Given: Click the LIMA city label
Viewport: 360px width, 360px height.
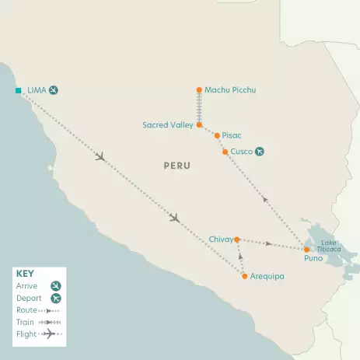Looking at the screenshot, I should click(37, 90).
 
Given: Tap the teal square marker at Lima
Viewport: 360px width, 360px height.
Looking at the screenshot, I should click(18, 91).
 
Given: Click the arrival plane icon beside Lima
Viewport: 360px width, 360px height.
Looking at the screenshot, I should click(54, 90).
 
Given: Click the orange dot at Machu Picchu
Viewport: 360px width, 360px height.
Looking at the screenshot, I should click(199, 90).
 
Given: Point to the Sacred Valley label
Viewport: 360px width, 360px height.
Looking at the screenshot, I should click(167, 124).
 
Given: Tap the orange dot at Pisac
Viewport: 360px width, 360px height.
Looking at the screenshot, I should click(217, 135).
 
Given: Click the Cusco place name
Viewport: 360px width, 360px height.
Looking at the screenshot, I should click(242, 151).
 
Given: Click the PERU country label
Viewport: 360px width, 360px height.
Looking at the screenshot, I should click(177, 166).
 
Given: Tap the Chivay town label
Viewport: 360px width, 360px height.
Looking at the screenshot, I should click(220, 239).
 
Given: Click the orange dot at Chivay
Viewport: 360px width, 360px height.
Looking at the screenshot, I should click(237, 239).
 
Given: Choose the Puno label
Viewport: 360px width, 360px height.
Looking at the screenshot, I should click(313, 258).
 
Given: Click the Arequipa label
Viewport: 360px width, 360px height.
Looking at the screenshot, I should click(267, 276).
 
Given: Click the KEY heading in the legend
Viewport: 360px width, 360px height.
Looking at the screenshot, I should click(25, 274).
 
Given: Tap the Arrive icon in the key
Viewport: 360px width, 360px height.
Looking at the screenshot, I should click(55, 285).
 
